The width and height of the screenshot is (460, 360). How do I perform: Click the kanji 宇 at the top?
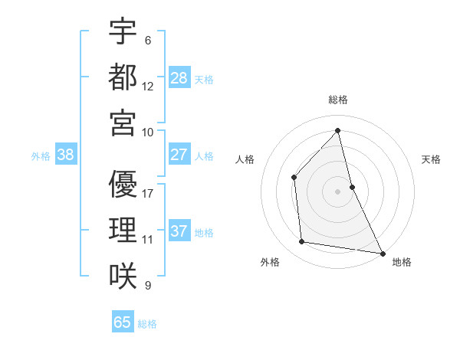123,31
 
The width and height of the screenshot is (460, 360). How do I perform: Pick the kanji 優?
123,183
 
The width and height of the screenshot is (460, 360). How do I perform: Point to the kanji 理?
123,230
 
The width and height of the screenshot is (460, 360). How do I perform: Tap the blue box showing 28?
179,78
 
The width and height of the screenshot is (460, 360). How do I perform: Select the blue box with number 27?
179,155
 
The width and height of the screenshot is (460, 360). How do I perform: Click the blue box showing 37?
179,231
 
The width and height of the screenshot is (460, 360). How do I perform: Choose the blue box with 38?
66,155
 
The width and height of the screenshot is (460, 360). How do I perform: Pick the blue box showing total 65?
123,322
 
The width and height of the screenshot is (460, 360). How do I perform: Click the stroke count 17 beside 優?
148,192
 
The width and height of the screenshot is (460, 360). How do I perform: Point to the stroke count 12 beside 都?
148,86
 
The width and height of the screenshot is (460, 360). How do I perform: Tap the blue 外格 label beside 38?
41,155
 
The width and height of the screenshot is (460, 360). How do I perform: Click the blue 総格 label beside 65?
147,323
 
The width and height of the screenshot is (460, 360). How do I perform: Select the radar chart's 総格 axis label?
338,100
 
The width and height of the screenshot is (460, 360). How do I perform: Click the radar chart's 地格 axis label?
402,262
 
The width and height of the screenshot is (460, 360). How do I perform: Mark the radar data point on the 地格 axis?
382,252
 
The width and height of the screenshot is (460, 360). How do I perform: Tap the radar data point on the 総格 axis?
338,130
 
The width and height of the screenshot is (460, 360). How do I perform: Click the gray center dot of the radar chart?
338,191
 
